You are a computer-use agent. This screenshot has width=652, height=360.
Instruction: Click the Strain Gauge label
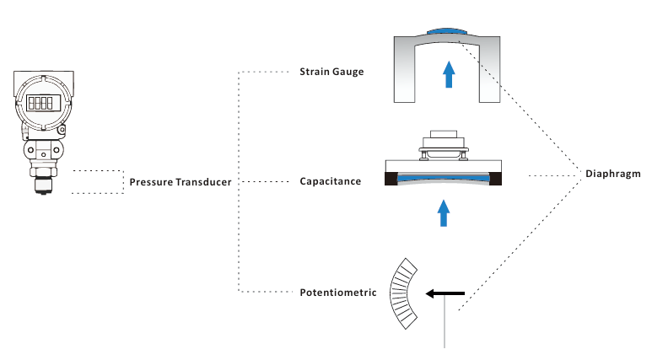[x=331, y=72]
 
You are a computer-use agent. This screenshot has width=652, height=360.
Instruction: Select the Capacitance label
[x=331, y=181]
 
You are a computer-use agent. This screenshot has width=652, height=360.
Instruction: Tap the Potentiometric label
[x=337, y=293]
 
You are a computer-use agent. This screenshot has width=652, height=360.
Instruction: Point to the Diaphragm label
[x=613, y=175]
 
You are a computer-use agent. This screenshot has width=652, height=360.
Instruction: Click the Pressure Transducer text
[x=181, y=182]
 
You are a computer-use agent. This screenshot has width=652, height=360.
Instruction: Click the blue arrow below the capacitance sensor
[x=444, y=212]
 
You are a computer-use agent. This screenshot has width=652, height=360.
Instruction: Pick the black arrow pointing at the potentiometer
[x=444, y=293]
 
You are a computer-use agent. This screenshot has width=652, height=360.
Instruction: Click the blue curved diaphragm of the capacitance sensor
[x=444, y=180]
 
